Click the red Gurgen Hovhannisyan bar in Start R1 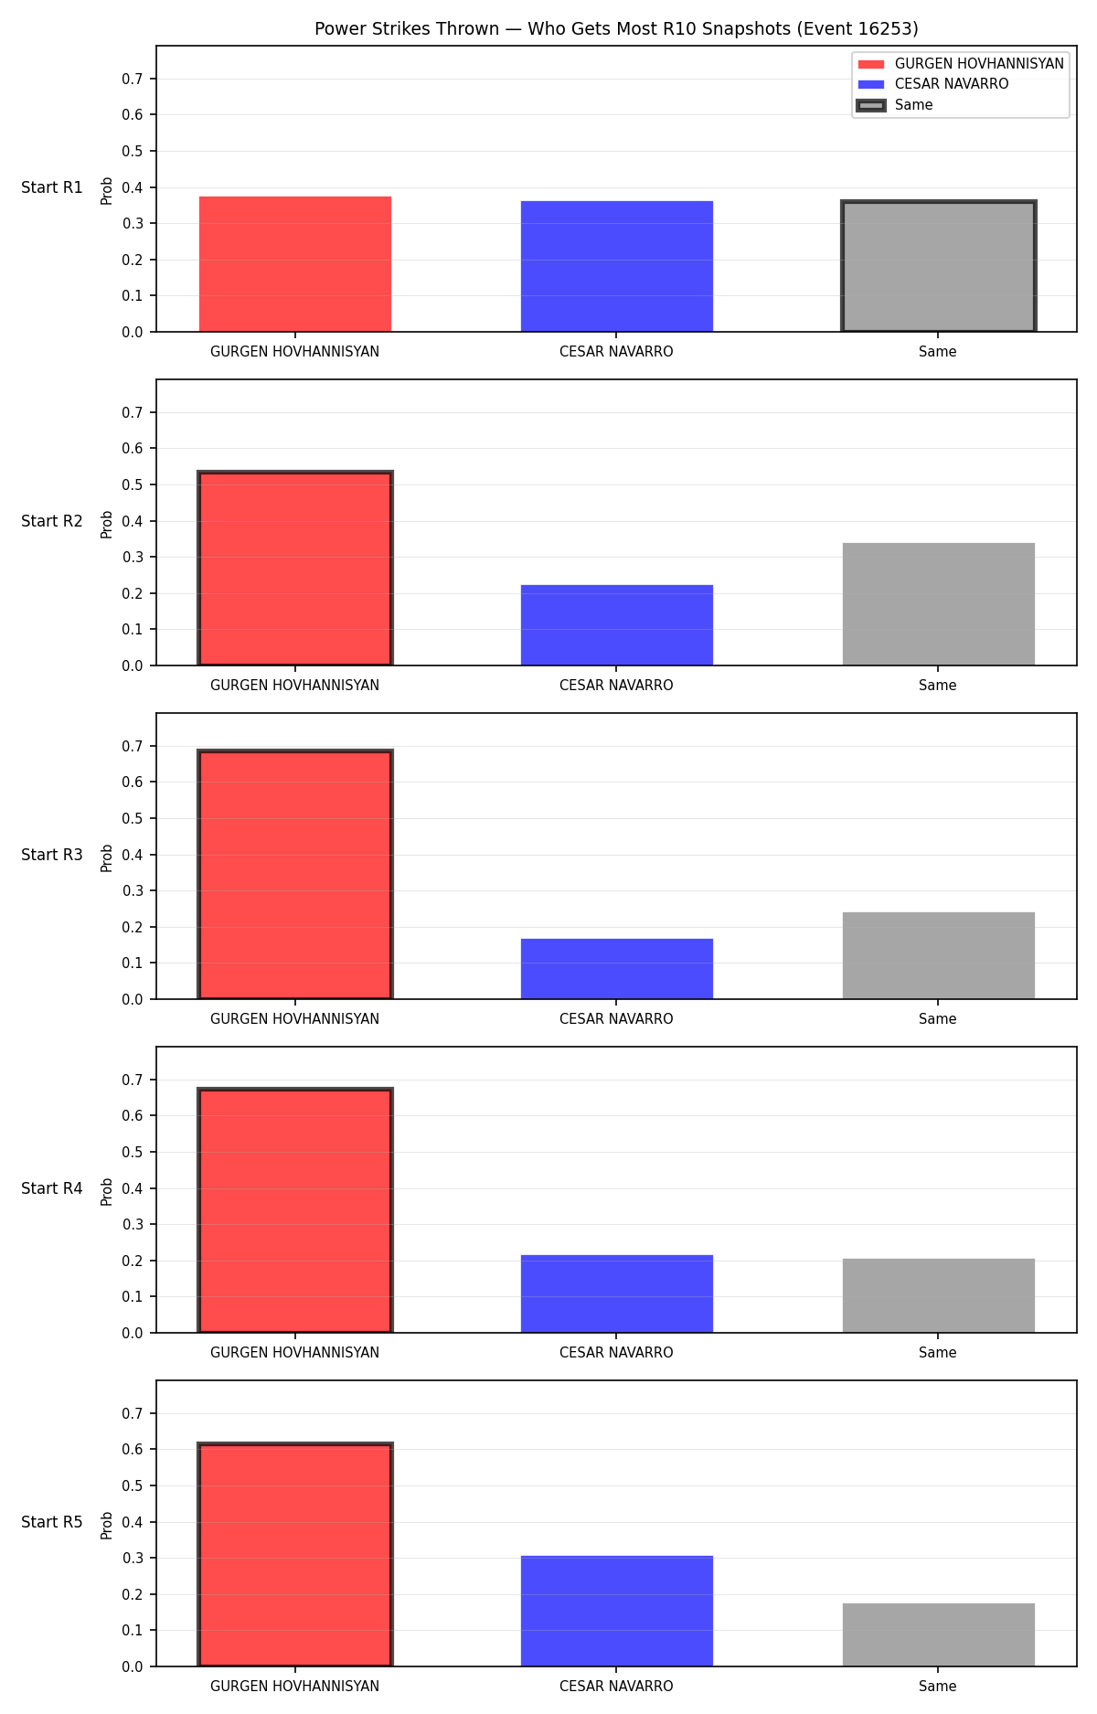pyautogui.click(x=295, y=264)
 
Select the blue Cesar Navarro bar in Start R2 pyautogui.click(x=617, y=625)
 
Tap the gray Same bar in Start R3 pyautogui.click(x=939, y=955)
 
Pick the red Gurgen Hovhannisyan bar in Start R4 pyautogui.click(x=295, y=1210)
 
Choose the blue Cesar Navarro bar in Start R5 pyautogui.click(x=617, y=1611)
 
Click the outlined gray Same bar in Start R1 pyautogui.click(x=939, y=266)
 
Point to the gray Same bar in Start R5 pyautogui.click(x=939, y=1634)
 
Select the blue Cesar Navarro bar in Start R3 pyautogui.click(x=617, y=969)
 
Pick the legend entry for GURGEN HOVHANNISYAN pyautogui.click(x=961, y=64)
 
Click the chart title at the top pyautogui.click(x=616, y=28)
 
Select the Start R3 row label pyautogui.click(x=52, y=855)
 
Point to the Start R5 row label pyautogui.click(x=52, y=1522)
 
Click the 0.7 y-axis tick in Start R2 pyautogui.click(x=133, y=412)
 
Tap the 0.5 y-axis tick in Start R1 pyautogui.click(x=133, y=151)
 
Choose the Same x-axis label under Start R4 pyautogui.click(x=938, y=1353)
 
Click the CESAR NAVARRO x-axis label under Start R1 pyautogui.click(x=616, y=352)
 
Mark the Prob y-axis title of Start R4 pyautogui.click(x=107, y=1191)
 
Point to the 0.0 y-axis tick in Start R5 pyautogui.click(x=133, y=1666)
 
